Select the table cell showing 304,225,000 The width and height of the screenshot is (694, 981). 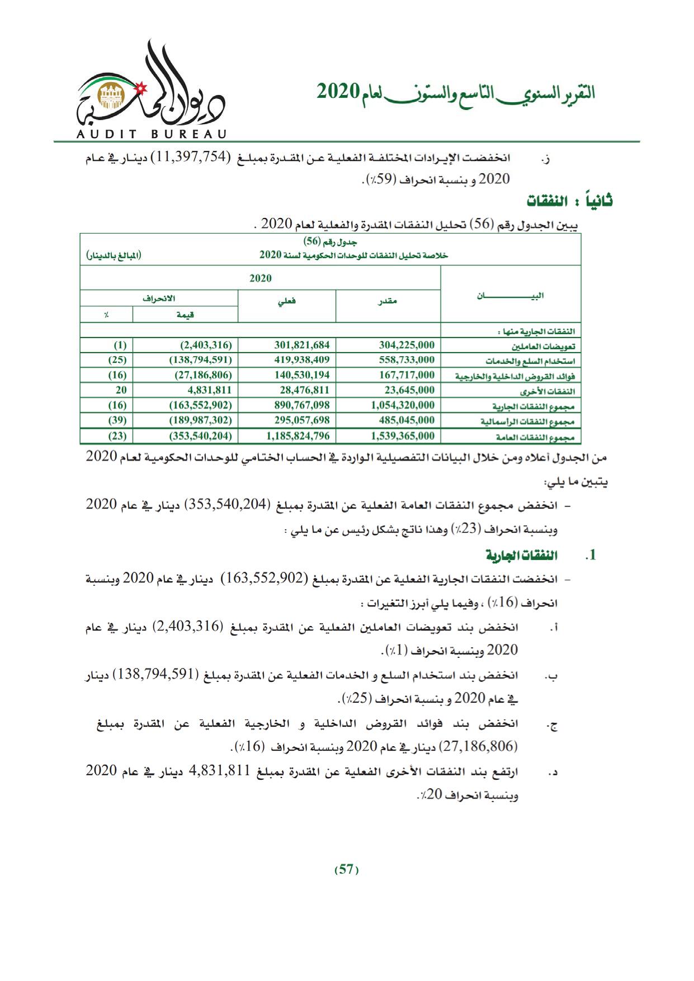[407, 345]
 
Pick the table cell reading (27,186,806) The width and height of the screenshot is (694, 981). [200, 375]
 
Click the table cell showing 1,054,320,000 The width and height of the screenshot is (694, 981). [403, 405]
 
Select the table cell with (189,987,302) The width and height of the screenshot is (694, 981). [200, 420]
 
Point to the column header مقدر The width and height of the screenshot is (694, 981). [388, 302]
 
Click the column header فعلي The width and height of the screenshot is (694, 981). [287, 302]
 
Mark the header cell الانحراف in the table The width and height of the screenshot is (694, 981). [159, 298]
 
